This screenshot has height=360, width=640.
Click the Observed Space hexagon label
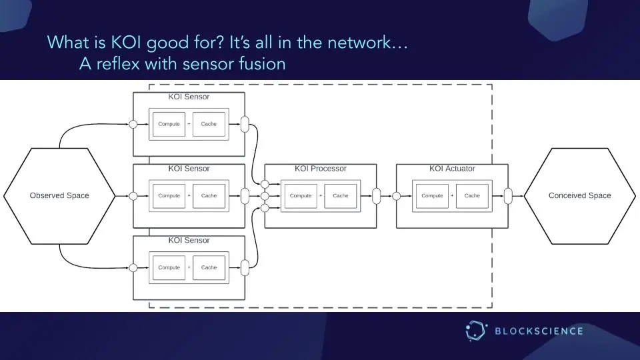59,195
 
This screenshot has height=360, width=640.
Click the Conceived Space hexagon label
579,195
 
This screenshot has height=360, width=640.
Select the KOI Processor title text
321,169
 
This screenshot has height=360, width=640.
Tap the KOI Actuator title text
452,169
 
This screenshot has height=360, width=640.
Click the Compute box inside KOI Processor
301,196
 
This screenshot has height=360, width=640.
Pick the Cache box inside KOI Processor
341,196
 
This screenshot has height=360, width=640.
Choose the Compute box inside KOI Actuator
432,196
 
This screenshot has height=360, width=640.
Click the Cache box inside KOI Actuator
472,196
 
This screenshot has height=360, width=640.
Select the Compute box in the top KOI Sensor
169,124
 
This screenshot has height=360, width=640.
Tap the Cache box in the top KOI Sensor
209,124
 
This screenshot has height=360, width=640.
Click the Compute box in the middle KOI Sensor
169,196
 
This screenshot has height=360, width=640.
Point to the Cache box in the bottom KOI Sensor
209,267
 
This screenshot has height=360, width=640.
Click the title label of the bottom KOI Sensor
189,240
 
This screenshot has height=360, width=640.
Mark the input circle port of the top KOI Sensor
133,124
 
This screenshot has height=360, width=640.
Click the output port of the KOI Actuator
508,196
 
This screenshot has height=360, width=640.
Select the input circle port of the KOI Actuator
397,196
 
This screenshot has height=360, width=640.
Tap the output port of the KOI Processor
377,196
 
